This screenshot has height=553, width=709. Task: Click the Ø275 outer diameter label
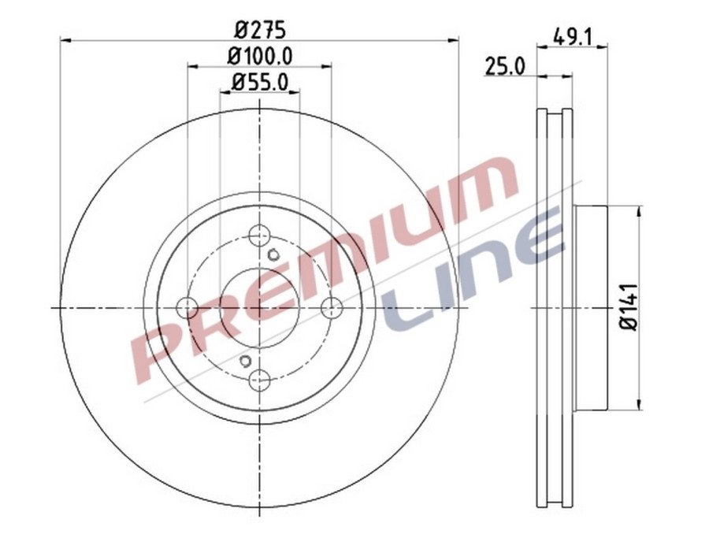[259, 29]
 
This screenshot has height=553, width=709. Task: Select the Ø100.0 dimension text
[259, 56]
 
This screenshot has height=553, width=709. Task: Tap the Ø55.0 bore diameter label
[259, 81]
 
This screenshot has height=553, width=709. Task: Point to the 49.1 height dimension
[573, 37]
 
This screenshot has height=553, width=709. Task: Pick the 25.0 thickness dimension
[504, 66]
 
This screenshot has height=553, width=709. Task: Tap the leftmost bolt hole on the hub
[187, 308]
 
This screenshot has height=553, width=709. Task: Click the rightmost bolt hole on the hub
[331, 308]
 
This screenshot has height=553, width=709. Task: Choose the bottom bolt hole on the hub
[259, 380]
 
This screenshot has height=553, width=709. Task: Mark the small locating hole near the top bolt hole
[273, 254]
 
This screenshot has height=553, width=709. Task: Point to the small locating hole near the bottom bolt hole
[245, 362]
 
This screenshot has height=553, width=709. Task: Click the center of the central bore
[259, 308]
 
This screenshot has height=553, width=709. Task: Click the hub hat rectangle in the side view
[591, 308]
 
